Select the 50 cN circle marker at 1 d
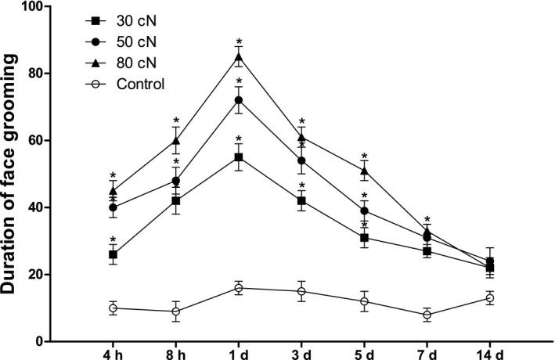coord(238,100)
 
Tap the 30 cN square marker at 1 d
coord(238,157)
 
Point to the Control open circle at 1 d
coord(238,288)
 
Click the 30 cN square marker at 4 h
coord(113,254)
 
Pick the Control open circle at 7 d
coord(427,315)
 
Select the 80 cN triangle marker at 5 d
coord(364,171)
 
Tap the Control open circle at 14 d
coord(490,298)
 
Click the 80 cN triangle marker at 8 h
coord(175,141)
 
